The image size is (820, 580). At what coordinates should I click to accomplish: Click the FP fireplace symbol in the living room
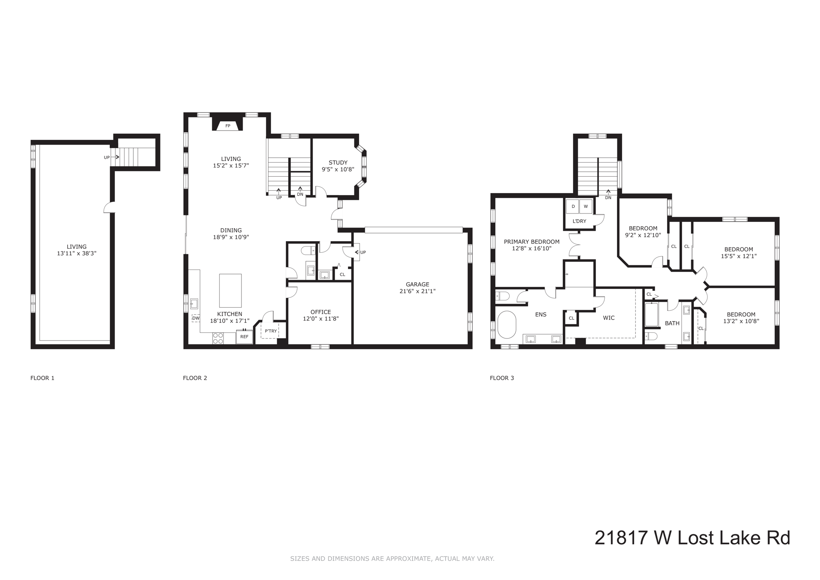(x=228, y=125)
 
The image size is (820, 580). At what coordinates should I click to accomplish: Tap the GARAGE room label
(x=417, y=284)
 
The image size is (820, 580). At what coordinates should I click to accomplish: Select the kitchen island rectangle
(x=230, y=290)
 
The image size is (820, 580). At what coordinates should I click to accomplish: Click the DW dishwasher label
(x=196, y=318)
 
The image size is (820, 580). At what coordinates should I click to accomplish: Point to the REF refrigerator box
(x=244, y=337)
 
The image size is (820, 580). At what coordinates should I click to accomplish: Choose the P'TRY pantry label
(x=271, y=331)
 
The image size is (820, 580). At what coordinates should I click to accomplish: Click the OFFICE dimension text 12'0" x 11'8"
(x=321, y=319)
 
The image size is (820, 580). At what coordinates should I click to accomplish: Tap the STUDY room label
(x=338, y=163)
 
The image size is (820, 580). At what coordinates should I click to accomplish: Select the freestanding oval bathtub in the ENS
(x=507, y=325)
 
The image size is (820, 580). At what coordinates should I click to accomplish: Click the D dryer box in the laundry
(x=573, y=207)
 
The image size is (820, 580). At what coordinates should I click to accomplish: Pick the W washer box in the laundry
(x=585, y=207)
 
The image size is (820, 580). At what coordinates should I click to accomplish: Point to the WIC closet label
(x=609, y=318)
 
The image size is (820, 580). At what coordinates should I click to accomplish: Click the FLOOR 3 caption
(x=502, y=378)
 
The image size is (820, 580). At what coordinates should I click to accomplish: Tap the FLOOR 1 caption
(x=42, y=378)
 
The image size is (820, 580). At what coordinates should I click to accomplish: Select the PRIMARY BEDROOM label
(x=531, y=242)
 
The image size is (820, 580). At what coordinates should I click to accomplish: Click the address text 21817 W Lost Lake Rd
(x=692, y=538)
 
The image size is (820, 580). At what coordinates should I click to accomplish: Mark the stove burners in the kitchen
(x=218, y=338)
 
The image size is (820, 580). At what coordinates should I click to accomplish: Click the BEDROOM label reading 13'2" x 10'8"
(x=741, y=318)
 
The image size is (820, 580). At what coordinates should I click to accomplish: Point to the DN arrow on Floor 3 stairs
(x=608, y=195)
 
